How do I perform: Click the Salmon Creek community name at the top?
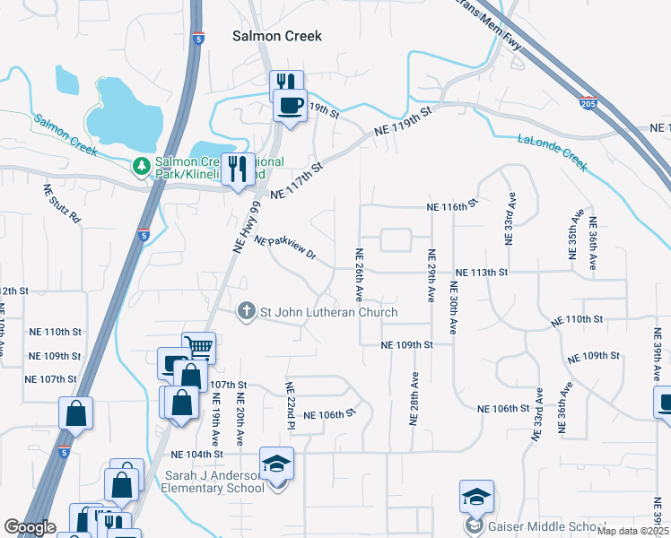276,36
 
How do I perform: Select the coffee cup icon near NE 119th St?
290,107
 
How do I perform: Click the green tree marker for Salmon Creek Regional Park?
141,166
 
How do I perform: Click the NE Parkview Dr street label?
286,248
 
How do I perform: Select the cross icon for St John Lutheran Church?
247,312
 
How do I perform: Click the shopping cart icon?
198,347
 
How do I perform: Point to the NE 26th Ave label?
359,274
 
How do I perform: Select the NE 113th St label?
482,273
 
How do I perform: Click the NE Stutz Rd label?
62,204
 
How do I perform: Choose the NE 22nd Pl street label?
290,405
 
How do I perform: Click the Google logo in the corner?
30,527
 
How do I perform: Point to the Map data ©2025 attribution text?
632,531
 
